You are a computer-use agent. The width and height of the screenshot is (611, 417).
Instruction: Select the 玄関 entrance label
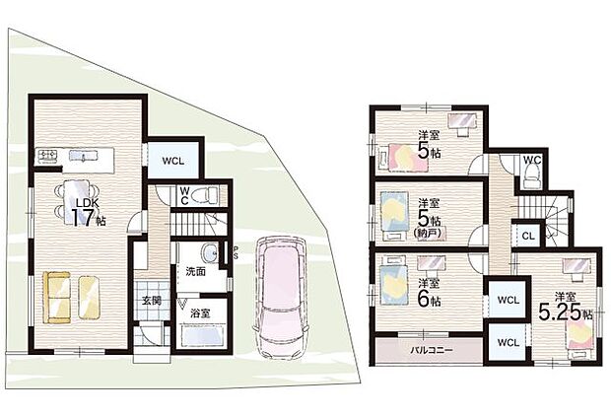(x=149, y=300)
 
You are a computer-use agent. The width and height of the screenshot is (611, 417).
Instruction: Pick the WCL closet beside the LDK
(x=173, y=158)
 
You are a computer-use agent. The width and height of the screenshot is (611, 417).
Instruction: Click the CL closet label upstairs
(x=527, y=237)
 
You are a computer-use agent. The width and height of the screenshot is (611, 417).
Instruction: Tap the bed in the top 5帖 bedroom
(x=401, y=157)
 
